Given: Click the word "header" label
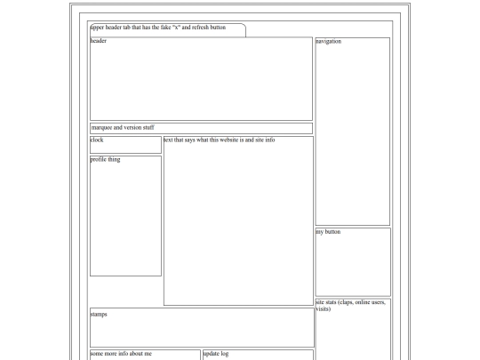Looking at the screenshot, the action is pyautogui.click(x=99, y=41).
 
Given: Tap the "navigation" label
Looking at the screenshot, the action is pyautogui.click(x=328, y=41).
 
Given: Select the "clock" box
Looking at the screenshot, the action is pyautogui.click(x=124, y=144).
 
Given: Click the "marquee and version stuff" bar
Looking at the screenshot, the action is pyautogui.click(x=200, y=128).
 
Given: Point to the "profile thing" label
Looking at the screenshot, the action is pyautogui.click(x=106, y=159).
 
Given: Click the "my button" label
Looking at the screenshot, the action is pyautogui.click(x=328, y=232).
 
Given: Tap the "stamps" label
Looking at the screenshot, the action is pyautogui.click(x=99, y=314).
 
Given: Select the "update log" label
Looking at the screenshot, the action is pyautogui.click(x=217, y=354).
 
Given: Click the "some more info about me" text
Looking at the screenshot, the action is pyautogui.click(x=121, y=354).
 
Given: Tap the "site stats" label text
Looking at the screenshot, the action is pyautogui.click(x=332, y=302).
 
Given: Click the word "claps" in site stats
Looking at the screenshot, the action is pyautogui.click(x=359, y=302).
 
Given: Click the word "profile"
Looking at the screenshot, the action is pyautogui.click(x=100, y=159).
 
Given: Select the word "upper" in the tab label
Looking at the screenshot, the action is pyautogui.click(x=97, y=28).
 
